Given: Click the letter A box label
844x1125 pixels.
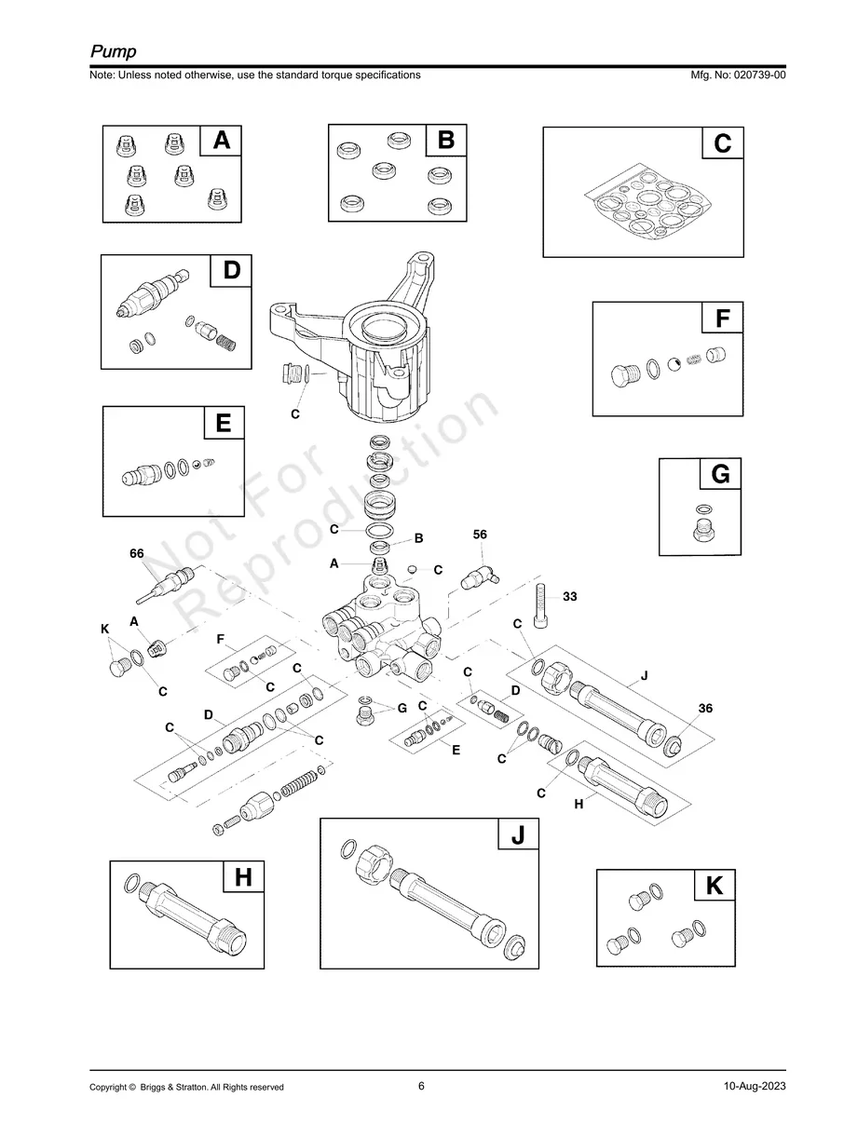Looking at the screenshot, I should coord(221,141).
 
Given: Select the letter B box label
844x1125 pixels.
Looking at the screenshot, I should coord(446,141).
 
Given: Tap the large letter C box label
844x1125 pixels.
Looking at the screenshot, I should coord(722,144).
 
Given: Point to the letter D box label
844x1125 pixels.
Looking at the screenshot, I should coord(231,270).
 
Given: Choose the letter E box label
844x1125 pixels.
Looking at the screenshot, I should coord(224,424).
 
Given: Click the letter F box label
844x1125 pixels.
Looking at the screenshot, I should coord(722,319).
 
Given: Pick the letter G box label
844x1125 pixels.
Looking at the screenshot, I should coord(720,475).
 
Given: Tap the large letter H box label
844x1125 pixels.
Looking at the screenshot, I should coord(243,877).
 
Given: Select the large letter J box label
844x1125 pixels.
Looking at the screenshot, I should coord(518,835).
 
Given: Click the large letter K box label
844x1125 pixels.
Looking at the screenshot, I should coord(715,886).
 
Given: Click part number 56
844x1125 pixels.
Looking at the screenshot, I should coord(480,535).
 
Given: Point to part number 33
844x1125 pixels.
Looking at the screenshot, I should coord(570,596).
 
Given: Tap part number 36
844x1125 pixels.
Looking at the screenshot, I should coord(705,709).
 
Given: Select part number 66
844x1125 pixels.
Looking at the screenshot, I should coord(137,553).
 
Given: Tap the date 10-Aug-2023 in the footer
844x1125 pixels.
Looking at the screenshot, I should coord(755,1087).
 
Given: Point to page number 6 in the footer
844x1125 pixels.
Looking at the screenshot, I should coord(421,1086).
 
